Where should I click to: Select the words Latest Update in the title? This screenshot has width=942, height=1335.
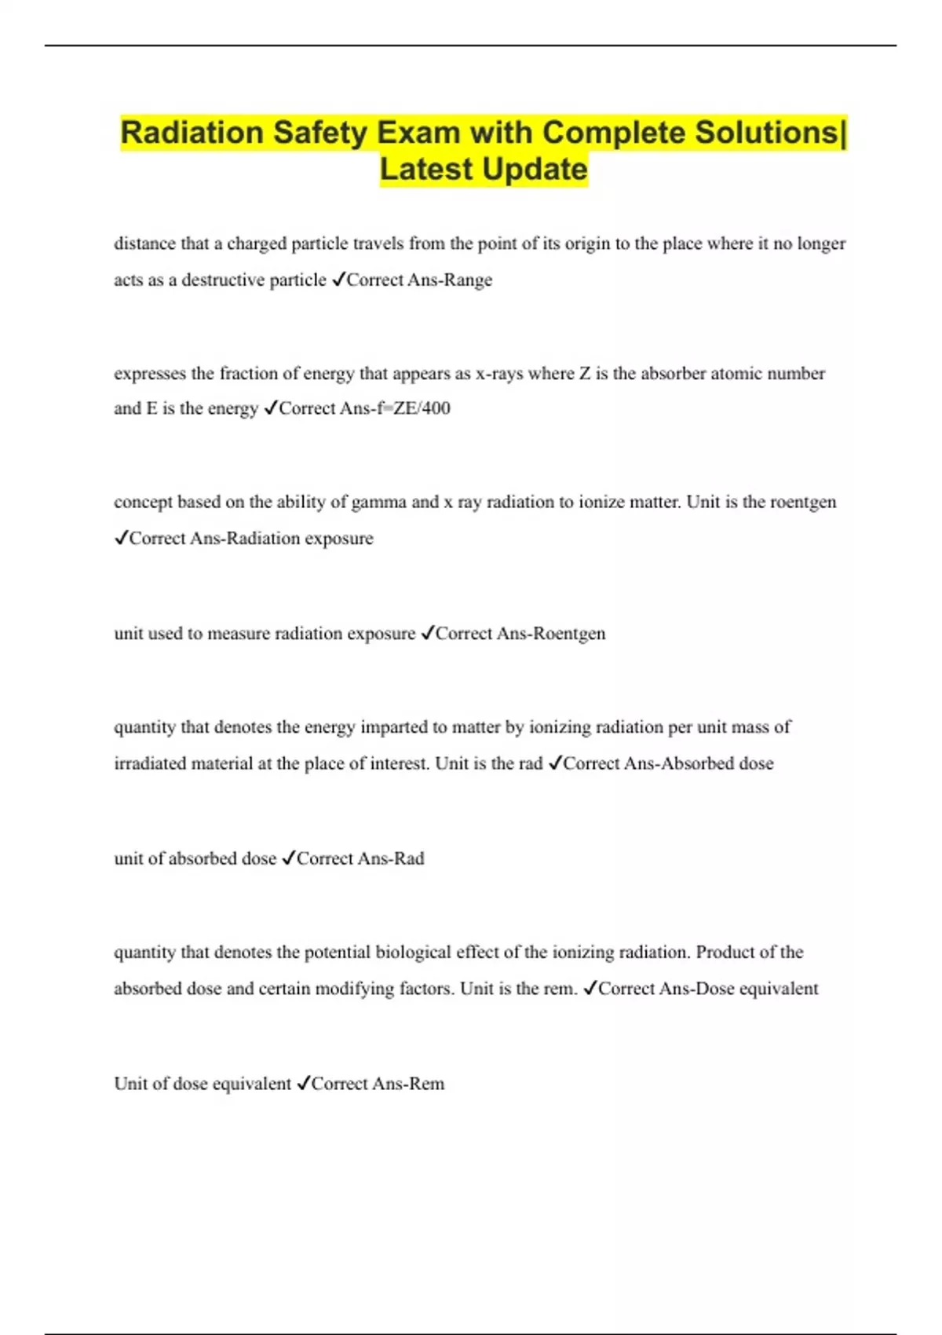tap(484, 170)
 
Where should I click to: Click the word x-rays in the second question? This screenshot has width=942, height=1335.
tap(499, 374)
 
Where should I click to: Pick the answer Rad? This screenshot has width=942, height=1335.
tap(408, 859)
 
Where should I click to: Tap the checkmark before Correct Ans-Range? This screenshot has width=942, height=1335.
tap(338, 280)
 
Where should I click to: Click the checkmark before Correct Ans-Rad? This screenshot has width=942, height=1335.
tap(287, 859)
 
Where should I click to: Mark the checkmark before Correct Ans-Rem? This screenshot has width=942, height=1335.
tap(303, 1084)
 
